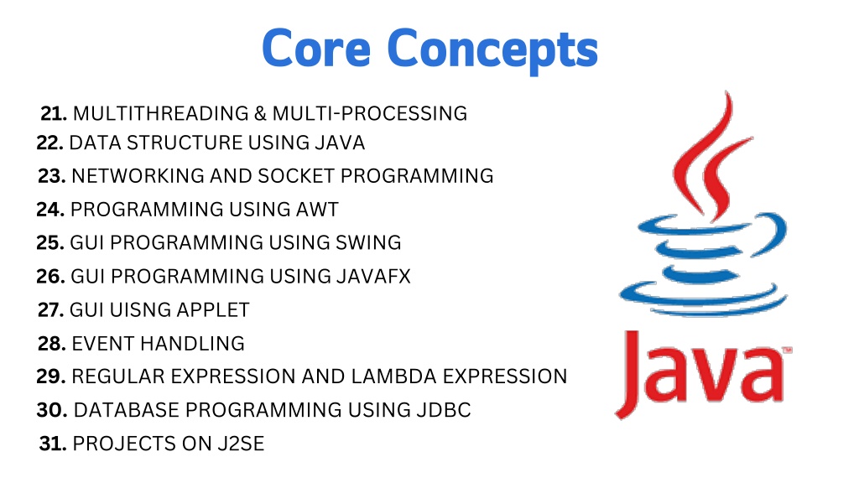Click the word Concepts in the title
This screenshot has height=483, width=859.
pyautogui.click(x=492, y=50)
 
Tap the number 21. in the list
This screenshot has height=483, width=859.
pyautogui.click(x=54, y=114)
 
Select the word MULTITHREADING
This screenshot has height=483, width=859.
pyautogui.click(x=160, y=114)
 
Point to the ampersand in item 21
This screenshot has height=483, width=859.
pyautogui.click(x=260, y=114)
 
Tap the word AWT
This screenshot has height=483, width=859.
pyautogui.click(x=317, y=210)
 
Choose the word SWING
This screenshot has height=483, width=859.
pyautogui.click(x=369, y=243)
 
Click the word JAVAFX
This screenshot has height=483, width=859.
pyautogui.click(x=373, y=277)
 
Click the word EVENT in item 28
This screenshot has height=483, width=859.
pyautogui.click(x=103, y=344)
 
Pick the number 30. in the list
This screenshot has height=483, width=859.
pyautogui.click(x=52, y=410)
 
